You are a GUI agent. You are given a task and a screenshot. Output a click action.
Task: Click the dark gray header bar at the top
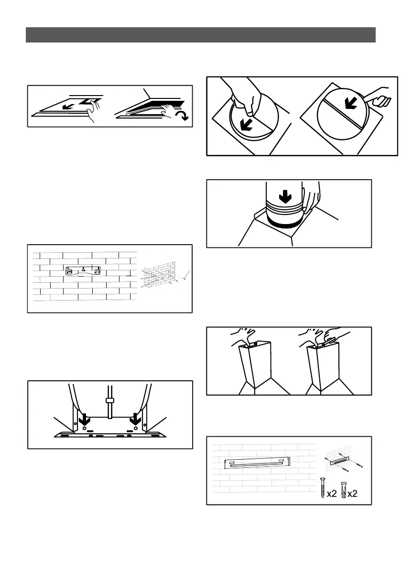pyautogui.click(x=200, y=35)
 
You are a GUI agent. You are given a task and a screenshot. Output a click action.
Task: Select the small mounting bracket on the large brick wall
pyautogui.click(x=84, y=270)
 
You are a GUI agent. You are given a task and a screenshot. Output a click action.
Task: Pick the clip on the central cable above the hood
pyautogui.click(x=109, y=400)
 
